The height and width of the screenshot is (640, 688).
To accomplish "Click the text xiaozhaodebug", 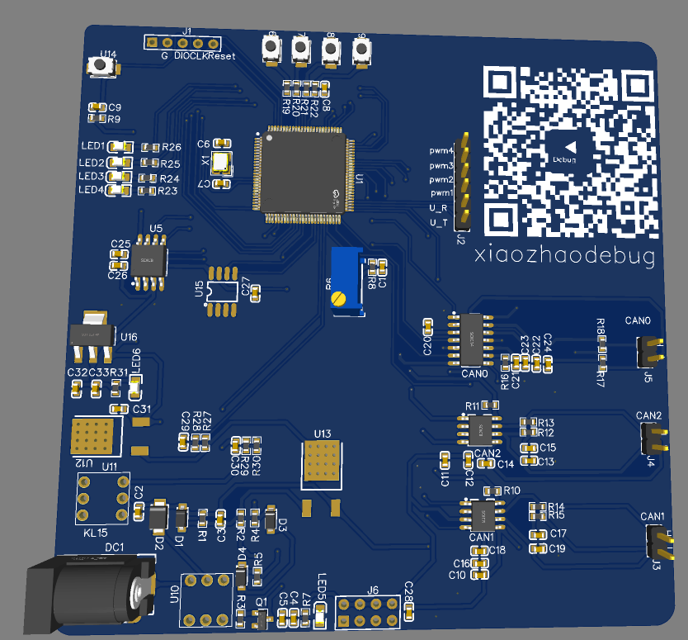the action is click(565, 257).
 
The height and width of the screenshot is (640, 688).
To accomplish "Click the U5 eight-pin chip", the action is click(149, 261).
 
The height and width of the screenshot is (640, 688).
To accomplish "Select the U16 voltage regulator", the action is click(90, 334).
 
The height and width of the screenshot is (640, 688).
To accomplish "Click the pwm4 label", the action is click(441, 151).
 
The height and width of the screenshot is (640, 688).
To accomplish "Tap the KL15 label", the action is click(96, 533).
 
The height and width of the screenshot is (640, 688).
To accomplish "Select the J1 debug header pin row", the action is click(183, 42).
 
